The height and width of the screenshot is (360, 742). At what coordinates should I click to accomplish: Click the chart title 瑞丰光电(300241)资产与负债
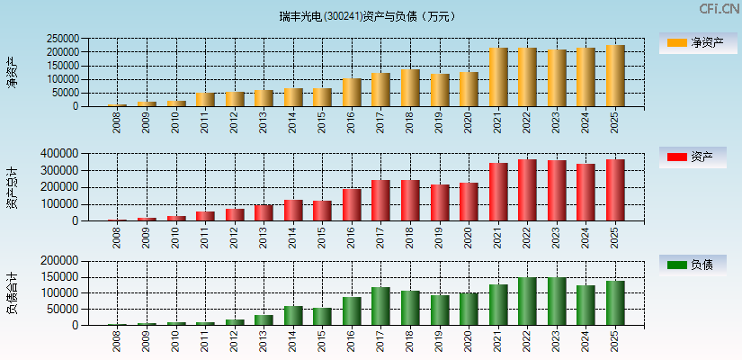368,16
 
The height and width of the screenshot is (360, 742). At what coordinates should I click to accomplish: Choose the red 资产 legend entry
692,157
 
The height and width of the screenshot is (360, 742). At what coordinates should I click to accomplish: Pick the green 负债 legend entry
692,265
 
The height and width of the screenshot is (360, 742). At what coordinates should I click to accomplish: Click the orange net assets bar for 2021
498,77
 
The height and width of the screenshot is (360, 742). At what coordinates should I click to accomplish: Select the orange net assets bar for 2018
410,88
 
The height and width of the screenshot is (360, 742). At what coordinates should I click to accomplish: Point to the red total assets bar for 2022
527,190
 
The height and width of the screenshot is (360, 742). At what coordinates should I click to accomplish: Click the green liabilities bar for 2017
380,306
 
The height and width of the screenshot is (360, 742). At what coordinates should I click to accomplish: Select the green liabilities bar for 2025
615,303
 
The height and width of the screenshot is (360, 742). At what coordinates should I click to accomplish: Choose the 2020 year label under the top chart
469,122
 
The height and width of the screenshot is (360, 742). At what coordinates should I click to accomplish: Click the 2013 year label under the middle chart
264,238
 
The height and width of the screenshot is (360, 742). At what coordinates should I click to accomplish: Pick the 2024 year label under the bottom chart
586,342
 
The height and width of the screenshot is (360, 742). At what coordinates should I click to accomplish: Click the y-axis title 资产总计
12,187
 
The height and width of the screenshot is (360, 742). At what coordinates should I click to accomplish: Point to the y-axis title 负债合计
12,293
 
